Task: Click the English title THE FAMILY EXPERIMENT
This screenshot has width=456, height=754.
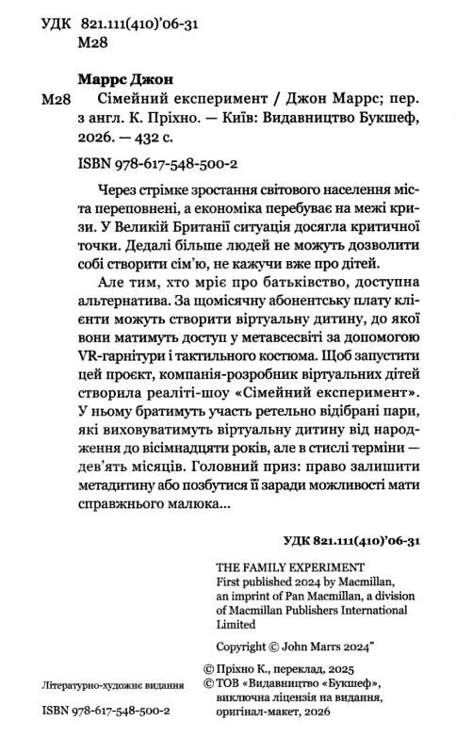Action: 277,566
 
